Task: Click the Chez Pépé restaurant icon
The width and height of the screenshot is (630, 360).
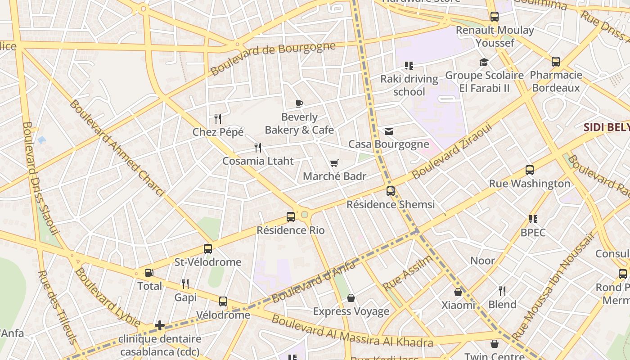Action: [218, 119]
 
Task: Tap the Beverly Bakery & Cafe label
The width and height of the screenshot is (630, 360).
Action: [299, 124]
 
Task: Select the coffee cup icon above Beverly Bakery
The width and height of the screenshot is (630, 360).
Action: [299, 104]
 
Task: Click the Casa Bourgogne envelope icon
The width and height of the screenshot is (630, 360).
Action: [389, 131]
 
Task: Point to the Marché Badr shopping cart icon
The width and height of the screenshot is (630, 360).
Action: [334, 163]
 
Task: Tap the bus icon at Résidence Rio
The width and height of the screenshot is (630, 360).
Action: [291, 217]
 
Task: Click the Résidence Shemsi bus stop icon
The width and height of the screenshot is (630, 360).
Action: [391, 191]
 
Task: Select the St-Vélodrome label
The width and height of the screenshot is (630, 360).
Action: [208, 262]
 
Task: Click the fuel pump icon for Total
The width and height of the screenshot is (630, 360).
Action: [149, 273]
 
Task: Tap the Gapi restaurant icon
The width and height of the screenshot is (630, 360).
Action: [185, 284]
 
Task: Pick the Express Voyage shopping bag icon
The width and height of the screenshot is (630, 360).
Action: [351, 298]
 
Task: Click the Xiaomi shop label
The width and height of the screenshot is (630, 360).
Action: [458, 305]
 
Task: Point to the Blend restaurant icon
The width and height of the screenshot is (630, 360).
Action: [502, 291]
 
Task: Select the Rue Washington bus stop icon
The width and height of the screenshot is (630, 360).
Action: [530, 171]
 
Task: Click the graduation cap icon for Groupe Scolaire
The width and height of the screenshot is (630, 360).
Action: [484, 62]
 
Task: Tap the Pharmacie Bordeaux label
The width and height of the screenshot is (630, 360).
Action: [556, 81]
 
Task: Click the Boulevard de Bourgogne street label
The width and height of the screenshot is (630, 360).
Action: [273, 58]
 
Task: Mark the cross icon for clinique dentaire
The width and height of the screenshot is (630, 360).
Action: [160, 325]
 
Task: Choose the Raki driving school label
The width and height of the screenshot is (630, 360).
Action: [409, 85]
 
